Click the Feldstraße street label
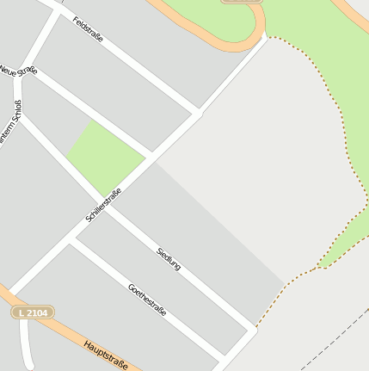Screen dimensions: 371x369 pyautogui.click(x=89, y=30)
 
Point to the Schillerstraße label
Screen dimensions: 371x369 pyautogui.click(x=104, y=205)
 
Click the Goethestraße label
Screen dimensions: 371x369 pyautogui.click(x=146, y=299)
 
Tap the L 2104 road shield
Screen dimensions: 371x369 pyautogui.click(x=34, y=312)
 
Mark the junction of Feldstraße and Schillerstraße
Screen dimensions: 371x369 pyautogui.click(x=197, y=113)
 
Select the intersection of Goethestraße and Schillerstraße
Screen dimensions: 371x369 pyautogui.click(x=71, y=238)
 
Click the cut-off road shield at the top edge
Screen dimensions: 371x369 pyautogui.click(x=242, y=2)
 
